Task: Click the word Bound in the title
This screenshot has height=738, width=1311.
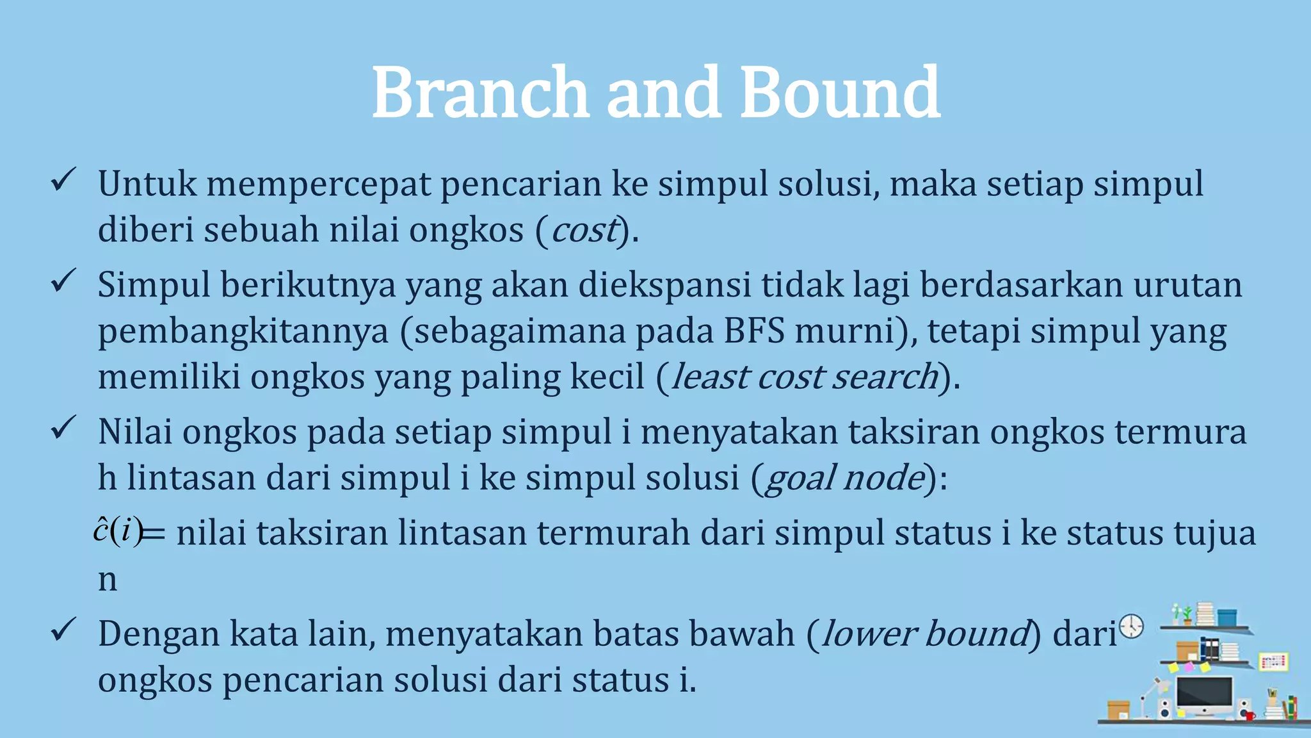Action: tap(839, 93)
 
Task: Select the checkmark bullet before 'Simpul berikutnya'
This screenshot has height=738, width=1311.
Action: tap(64, 281)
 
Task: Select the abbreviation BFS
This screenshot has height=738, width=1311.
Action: tap(754, 331)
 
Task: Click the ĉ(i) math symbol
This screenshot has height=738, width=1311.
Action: tap(118, 531)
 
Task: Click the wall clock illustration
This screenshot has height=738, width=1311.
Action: tap(1132, 626)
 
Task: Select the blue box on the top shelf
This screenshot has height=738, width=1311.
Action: tap(1227, 618)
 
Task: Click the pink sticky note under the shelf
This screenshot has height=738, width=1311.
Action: tap(1189, 667)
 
